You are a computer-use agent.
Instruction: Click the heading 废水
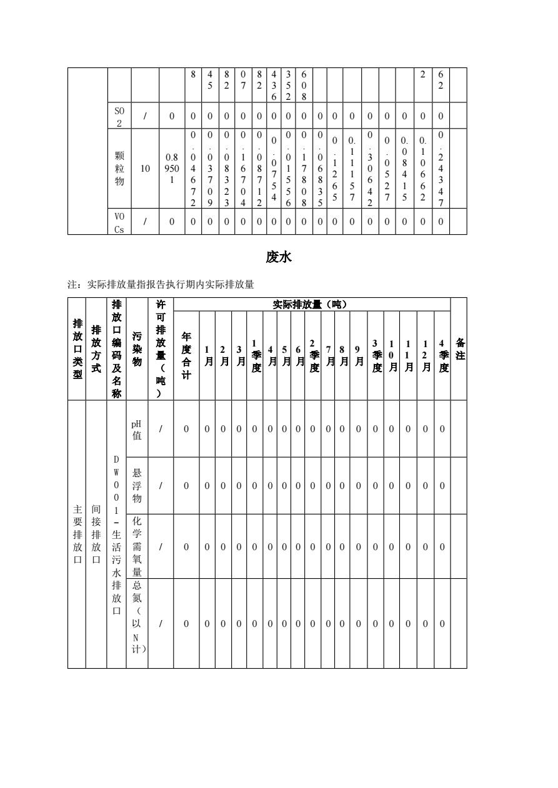coord(279,257)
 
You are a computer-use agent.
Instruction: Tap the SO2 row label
coord(119,114)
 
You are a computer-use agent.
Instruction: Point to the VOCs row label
coord(119,222)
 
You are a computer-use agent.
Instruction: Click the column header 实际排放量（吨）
coord(311,305)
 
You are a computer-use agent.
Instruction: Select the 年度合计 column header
coord(186,355)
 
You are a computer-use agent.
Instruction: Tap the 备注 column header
coord(458,349)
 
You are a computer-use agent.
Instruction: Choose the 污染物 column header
coord(137,349)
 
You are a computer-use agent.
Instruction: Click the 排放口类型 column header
coord(77,349)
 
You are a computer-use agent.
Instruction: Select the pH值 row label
coord(137,429)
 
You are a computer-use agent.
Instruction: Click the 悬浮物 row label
coord(137,485)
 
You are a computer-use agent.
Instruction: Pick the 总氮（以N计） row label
coord(137,623)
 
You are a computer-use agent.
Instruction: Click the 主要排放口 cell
coord(77,534)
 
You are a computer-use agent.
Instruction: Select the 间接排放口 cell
coord(96,534)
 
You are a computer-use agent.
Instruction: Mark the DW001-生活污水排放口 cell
coord(116,534)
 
